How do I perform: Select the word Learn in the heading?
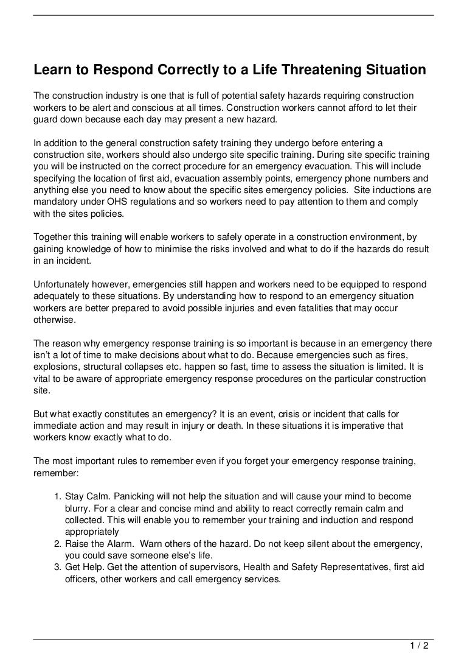point(52,70)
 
